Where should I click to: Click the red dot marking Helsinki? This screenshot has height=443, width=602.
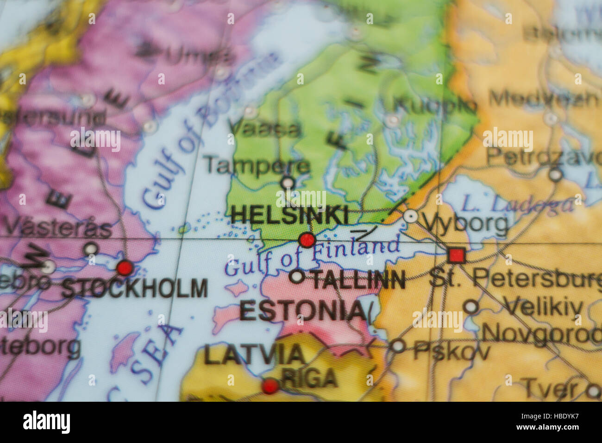pyautogui.click(x=307, y=240)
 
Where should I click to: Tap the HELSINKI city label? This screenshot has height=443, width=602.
pyautogui.click(x=290, y=215)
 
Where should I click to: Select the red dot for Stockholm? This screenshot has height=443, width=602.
pyautogui.click(x=125, y=268)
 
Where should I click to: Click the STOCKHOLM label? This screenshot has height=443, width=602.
pyautogui.click(x=135, y=288)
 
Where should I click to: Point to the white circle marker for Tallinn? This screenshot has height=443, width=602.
pyautogui.click(x=297, y=277)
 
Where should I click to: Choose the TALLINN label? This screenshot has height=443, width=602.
pyautogui.click(x=358, y=280)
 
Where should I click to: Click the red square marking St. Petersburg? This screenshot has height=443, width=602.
pyautogui.click(x=457, y=255)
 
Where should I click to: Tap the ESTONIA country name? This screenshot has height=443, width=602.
pyautogui.click(x=301, y=310)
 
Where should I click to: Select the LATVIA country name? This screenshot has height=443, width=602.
pyautogui.click(x=254, y=354)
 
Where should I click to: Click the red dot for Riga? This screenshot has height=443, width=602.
pyautogui.click(x=270, y=386)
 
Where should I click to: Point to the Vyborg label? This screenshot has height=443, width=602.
pyautogui.click(x=465, y=224)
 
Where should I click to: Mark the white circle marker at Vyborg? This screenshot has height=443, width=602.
pyautogui.click(x=410, y=215)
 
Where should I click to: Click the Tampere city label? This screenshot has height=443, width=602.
pyautogui.click(x=257, y=165)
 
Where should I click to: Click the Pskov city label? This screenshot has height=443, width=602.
pyautogui.click(x=451, y=351)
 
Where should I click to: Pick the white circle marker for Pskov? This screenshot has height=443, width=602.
pyautogui.click(x=398, y=346)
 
